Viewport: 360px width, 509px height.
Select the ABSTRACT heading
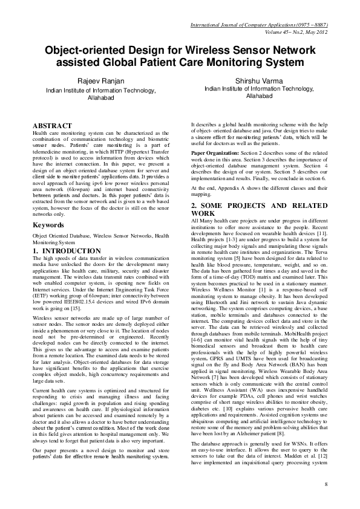point(52,125)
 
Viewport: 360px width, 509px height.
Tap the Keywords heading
point(48,225)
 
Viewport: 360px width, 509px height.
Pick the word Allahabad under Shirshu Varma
point(260,96)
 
